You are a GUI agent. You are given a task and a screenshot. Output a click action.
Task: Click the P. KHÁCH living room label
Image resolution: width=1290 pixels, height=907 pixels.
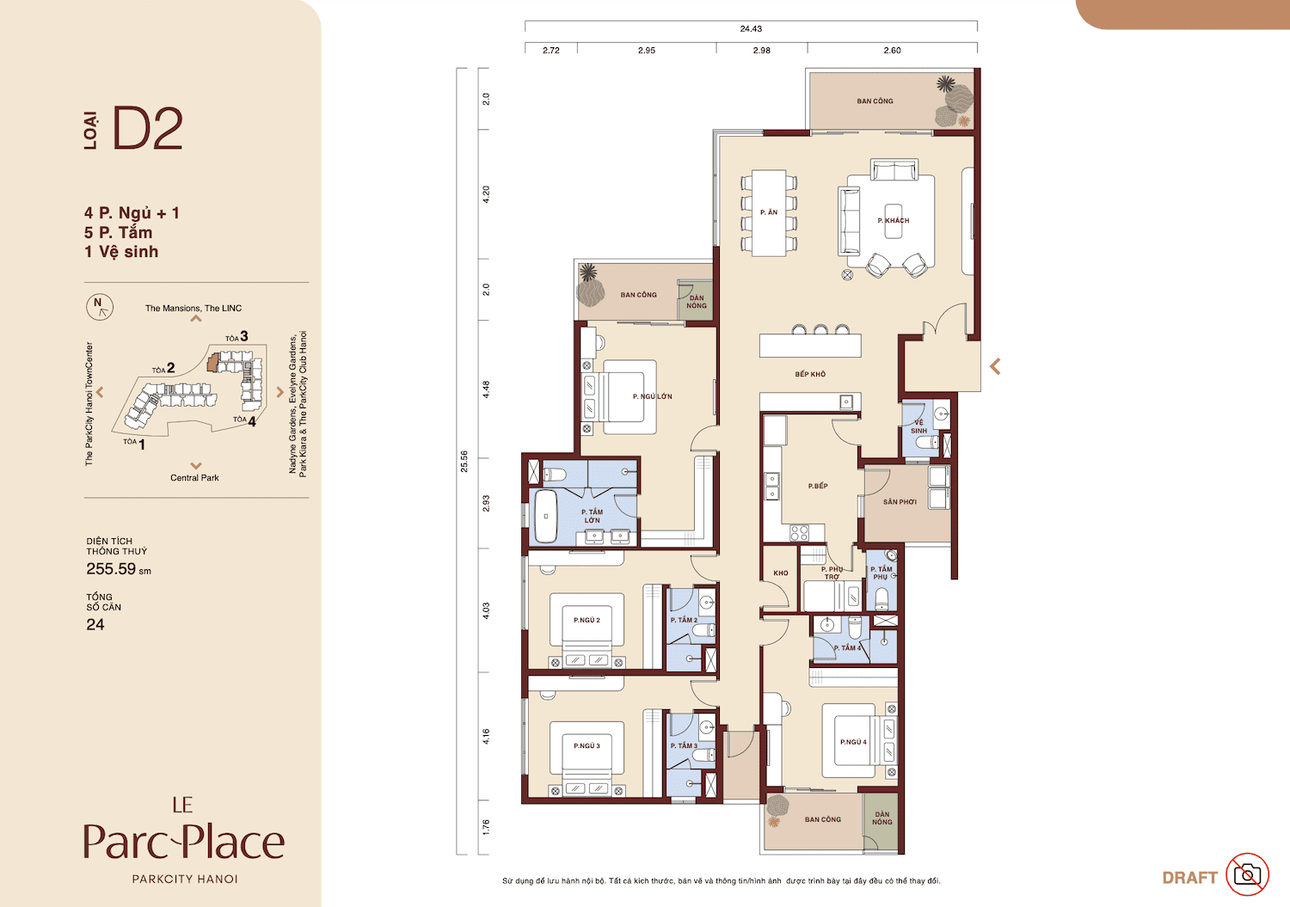894,221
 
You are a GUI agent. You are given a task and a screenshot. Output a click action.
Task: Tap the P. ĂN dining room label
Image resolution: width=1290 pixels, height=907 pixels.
769,212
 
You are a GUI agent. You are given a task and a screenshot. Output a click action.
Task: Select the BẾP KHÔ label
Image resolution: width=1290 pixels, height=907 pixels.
810,374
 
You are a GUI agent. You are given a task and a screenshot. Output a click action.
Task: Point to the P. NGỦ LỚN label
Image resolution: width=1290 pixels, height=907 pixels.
652,396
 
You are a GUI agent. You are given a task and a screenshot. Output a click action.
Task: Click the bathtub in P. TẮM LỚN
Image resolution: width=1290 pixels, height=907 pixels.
546,516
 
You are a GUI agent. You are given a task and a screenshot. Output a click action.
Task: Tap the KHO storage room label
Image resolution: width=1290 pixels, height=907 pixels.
780,573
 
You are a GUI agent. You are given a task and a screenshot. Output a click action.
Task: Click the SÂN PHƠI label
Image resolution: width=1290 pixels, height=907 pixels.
900,502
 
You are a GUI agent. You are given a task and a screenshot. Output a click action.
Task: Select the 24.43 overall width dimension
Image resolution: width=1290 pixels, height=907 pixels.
751,28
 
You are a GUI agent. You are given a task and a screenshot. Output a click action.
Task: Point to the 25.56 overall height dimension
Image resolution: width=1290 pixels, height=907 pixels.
464,462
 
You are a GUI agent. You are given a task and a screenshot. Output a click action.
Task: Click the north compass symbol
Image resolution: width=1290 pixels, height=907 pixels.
100,306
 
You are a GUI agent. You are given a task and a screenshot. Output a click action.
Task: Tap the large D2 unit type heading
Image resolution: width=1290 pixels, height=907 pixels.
148,128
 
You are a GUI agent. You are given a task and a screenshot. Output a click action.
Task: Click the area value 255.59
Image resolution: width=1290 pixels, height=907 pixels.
111,569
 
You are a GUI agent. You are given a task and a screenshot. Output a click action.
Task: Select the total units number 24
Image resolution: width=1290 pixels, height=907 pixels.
95,625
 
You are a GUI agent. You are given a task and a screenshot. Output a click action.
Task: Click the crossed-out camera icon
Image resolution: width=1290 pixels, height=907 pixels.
1247,874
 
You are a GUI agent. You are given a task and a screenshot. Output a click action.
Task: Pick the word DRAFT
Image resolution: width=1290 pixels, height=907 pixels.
1189,878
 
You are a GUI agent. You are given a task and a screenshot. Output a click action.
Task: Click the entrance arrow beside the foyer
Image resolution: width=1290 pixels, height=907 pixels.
995,366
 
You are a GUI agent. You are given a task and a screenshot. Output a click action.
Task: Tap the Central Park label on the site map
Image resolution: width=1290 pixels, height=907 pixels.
194,477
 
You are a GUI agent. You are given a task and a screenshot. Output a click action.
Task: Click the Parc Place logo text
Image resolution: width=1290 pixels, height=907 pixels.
184,842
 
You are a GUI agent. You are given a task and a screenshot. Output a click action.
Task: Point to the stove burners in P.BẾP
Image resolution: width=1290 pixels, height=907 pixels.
799,533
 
